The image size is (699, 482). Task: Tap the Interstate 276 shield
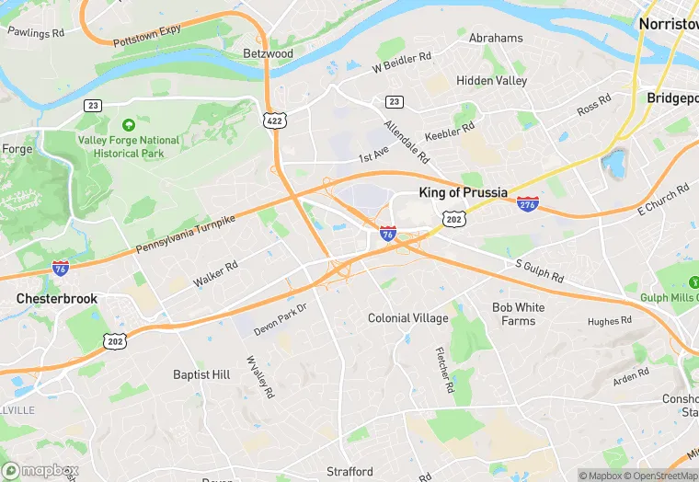click(x=528, y=204)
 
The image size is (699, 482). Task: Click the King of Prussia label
click(x=464, y=192)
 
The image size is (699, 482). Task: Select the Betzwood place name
click(x=268, y=53)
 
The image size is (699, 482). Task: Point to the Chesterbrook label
click(x=57, y=299)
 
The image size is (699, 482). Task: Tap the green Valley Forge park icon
click(x=128, y=124)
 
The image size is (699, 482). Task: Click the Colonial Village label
click(x=407, y=318)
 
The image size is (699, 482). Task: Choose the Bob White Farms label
click(x=518, y=314)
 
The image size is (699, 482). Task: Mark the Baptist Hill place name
click(x=201, y=374)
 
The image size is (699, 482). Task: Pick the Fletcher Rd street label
click(x=443, y=369)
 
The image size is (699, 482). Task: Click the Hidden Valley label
click(x=492, y=81)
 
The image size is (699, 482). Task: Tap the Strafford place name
click(x=350, y=471)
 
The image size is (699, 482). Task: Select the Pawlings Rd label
click(x=36, y=32)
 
